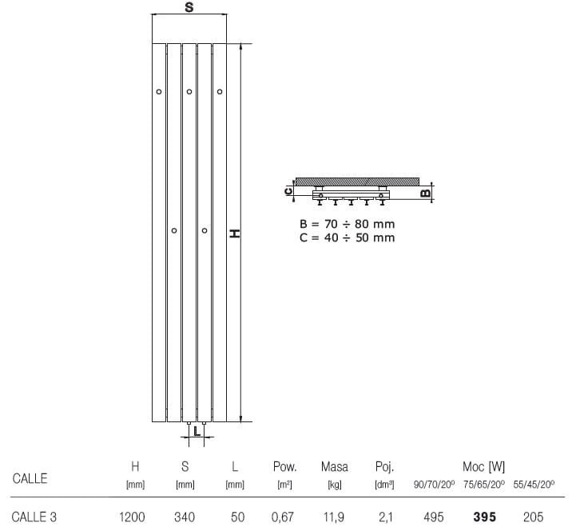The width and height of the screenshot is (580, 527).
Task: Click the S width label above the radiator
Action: click(189, 7)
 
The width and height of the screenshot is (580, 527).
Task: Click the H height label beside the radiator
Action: click(235, 234)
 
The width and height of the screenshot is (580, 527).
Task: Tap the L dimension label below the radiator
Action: click(197, 431)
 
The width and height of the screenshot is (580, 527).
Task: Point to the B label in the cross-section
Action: click(425, 193)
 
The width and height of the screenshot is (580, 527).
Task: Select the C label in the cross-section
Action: click(288, 191)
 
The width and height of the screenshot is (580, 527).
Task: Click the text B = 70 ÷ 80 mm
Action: click(347, 224)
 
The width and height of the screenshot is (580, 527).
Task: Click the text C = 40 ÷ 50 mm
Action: click(347, 238)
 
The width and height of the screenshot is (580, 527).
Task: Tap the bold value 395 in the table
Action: click(484, 517)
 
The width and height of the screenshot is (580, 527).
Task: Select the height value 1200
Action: click(132, 517)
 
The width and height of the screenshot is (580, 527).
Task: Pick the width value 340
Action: click(185, 517)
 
